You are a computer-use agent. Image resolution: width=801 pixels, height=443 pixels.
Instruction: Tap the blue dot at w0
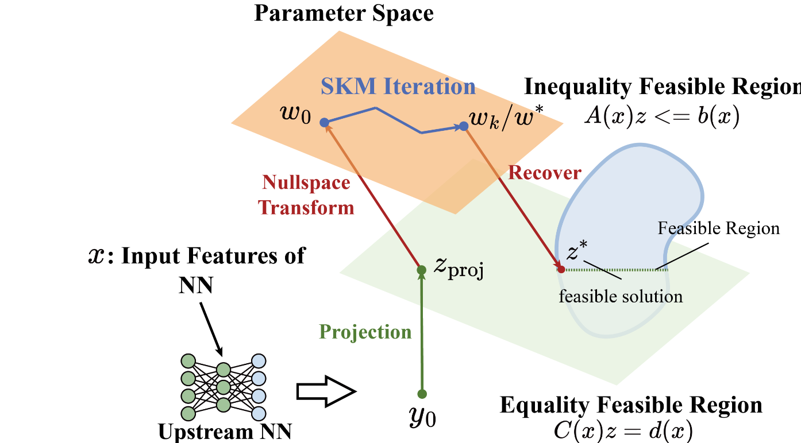324,122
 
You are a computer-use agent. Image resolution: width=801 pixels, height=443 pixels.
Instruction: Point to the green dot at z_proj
421,270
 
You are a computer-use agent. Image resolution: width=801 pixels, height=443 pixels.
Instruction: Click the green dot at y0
422,394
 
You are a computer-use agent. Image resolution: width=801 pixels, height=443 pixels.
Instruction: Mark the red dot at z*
561,269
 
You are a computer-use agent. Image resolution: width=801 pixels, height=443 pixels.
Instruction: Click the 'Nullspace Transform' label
306,195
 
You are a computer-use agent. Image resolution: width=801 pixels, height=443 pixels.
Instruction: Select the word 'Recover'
545,172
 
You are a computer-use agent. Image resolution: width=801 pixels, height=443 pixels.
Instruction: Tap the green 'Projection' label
365,332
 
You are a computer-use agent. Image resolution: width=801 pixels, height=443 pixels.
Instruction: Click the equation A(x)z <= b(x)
661,116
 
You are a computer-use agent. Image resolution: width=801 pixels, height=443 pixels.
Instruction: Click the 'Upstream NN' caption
221,430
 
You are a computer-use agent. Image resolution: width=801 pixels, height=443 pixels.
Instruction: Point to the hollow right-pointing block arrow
325,392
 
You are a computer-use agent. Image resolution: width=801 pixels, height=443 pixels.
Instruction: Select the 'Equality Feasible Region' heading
631,405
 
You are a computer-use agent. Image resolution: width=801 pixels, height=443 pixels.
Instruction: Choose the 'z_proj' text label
457,270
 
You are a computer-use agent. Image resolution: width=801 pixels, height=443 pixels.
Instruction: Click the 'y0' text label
422,418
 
